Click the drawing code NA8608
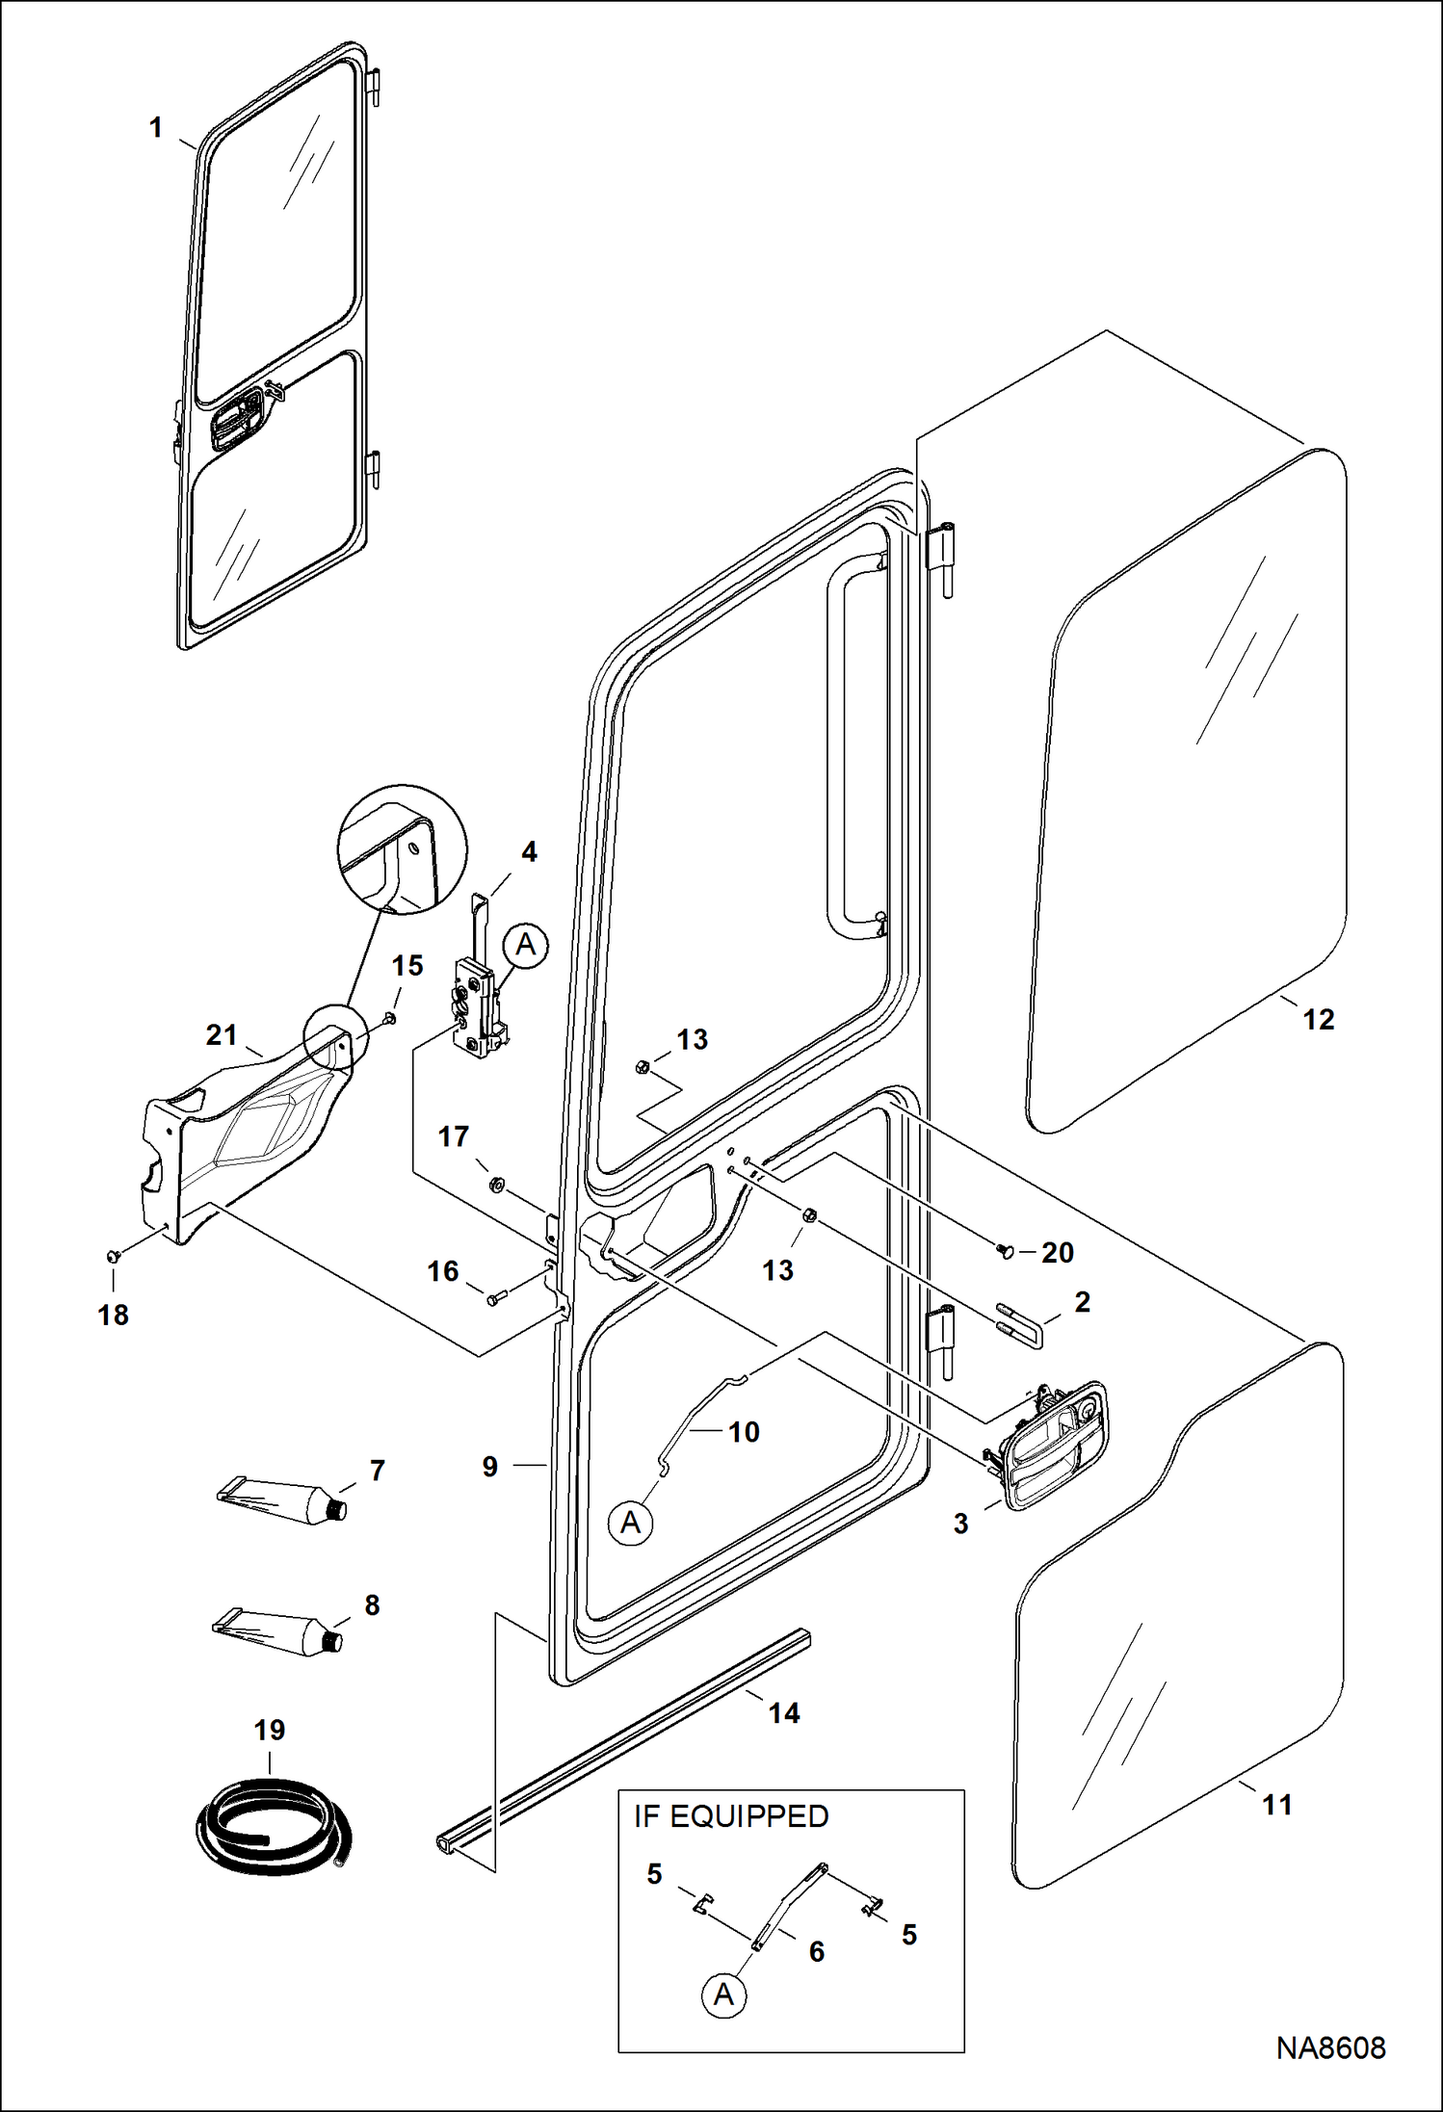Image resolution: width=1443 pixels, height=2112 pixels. (1330, 2047)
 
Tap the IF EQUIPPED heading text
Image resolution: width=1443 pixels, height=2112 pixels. (731, 1816)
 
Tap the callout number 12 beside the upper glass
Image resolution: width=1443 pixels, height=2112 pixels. (1318, 1019)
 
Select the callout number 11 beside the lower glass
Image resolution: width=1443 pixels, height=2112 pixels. (1276, 1805)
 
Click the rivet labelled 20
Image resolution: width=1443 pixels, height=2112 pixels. (1007, 1252)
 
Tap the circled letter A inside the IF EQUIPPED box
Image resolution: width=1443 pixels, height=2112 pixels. (723, 1995)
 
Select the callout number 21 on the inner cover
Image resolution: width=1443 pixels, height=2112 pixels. (222, 1035)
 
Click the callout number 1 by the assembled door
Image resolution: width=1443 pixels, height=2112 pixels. (156, 127)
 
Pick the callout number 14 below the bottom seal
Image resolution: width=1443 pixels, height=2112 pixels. (783, 1713)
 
